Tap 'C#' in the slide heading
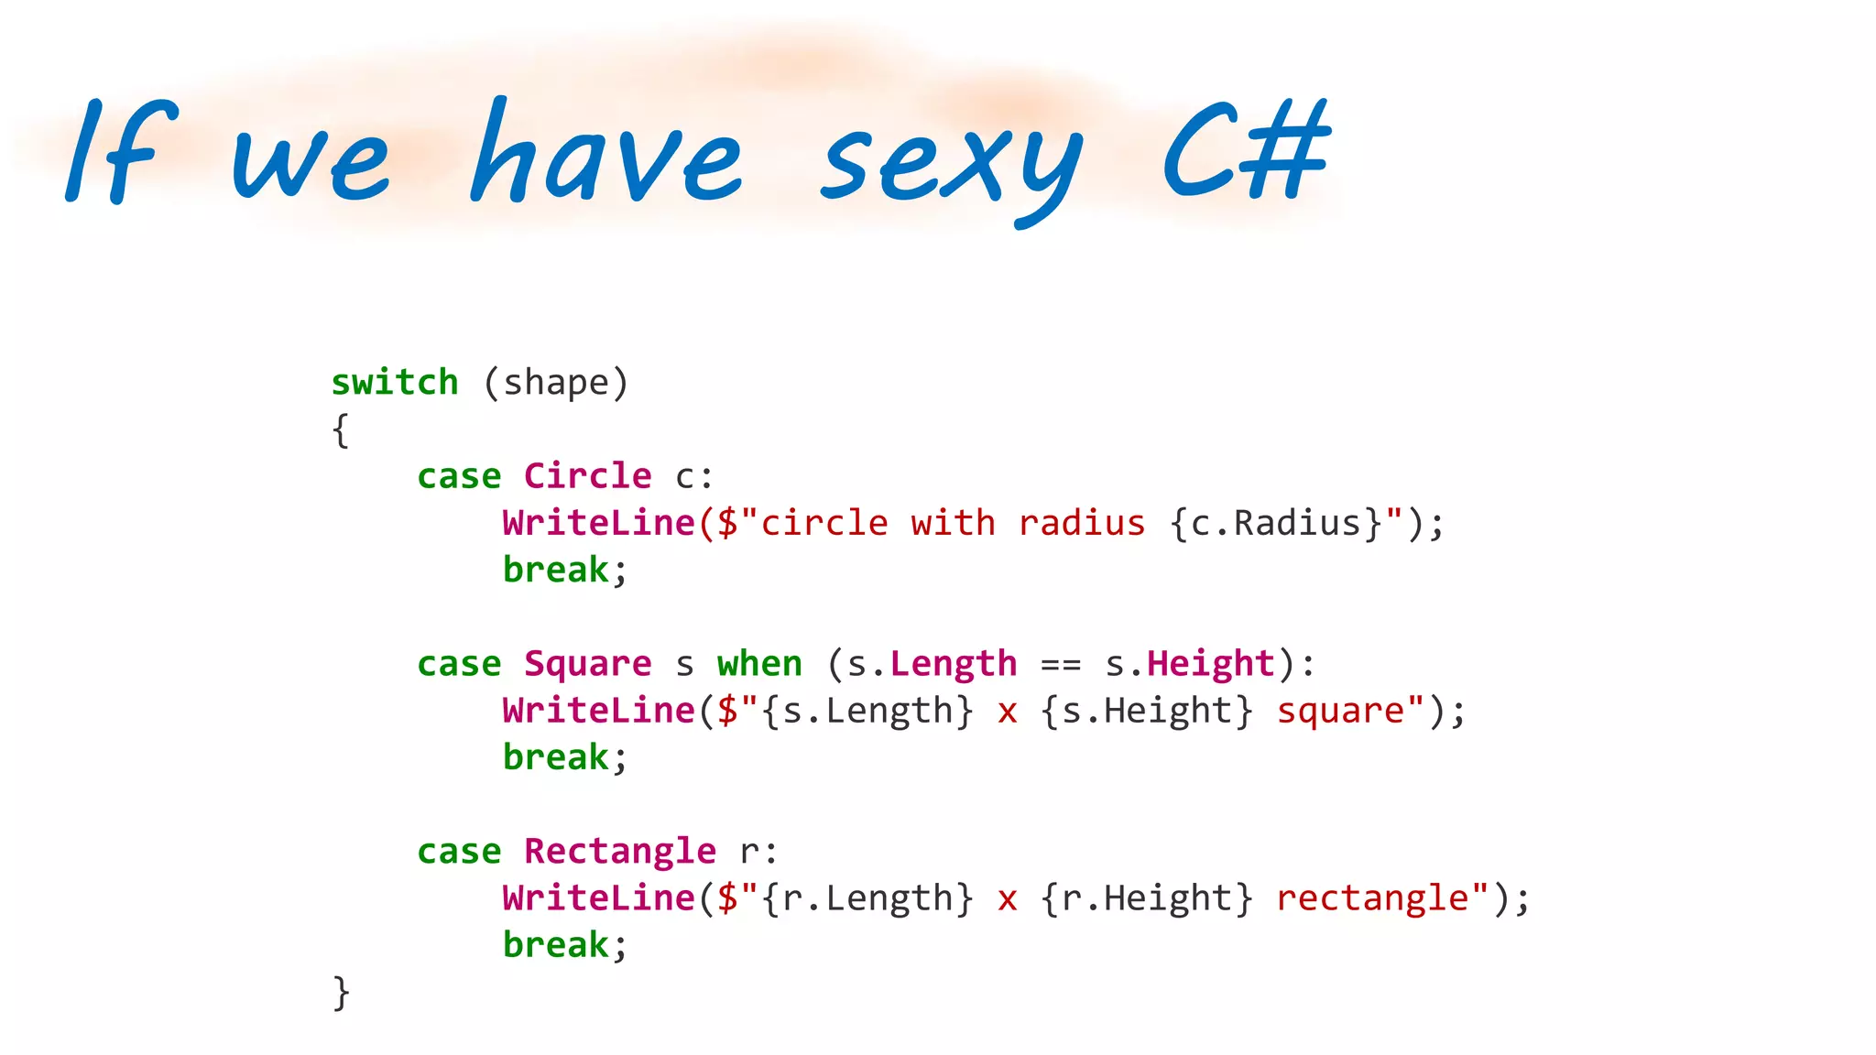pos(1246,151)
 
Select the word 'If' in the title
pos(119,151)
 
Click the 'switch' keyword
pos(395,383)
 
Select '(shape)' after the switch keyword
pos(556,383)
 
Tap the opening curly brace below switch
pos(341,430)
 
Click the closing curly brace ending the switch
pos(341,992)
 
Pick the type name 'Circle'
pos(587,476)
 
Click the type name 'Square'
pos(587,664)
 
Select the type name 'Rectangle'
pos(620,852)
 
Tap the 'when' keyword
pos(759,664)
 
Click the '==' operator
pos(1061,664)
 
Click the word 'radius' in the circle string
pos(1082,524)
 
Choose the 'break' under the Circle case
pos(556,571)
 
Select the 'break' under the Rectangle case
pos(556,945)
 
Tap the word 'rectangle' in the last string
pos(1372,898)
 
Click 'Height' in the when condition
pos(1211,664)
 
